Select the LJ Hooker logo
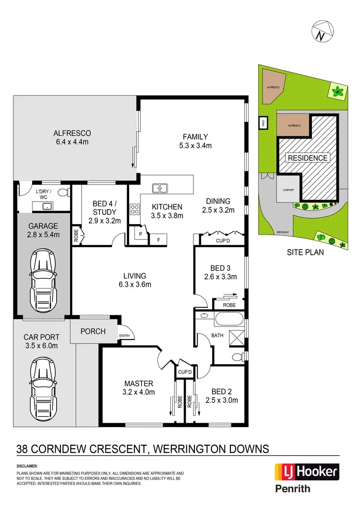[x=307, y=472]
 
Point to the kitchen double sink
[x=159, y=188]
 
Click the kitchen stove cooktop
[x=135, y=209]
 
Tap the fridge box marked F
[x=158, y=238]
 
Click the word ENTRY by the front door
[x=124, y=335]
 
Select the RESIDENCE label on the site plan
[x=307, y=158]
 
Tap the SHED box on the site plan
[x=263, y=123]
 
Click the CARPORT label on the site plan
[x=288, y=189]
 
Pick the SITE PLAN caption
[x=305, y=252]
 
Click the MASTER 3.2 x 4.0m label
[x=139, y=388]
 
